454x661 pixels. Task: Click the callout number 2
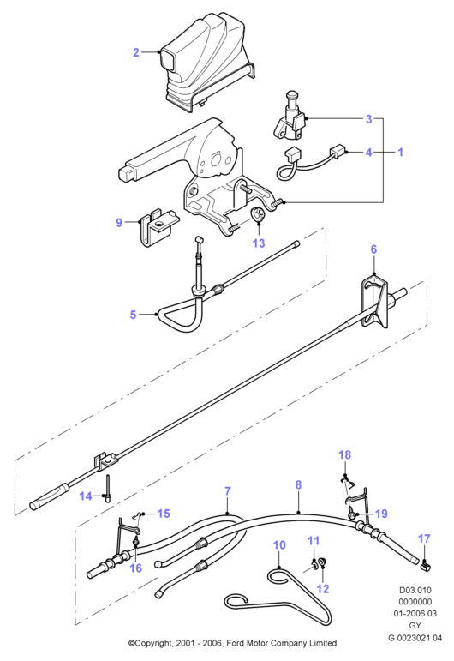point(135,52)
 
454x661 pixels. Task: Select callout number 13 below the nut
point(259,243)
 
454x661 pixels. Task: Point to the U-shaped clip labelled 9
point(157,228)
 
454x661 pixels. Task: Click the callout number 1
point(400,152)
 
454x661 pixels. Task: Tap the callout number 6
point(373,249)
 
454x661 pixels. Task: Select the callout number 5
point(133,315)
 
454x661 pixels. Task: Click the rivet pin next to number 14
point(108,488)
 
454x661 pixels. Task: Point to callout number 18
point(344,455)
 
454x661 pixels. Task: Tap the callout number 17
point(424,538)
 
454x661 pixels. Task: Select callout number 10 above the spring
point(279,545)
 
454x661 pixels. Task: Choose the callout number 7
point(227,491)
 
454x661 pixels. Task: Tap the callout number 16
point(135,568)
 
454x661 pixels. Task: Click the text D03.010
point(415,590)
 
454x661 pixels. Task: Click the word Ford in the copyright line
point(236,643)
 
